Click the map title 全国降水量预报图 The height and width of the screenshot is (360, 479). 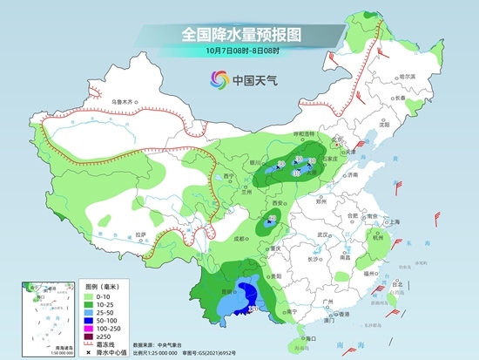(x=240, y=35)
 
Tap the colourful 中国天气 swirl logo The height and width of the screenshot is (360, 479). (x=214, y=80)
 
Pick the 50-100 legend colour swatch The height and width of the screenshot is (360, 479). (x=88, y=319)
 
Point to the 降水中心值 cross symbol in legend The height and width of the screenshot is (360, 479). (x=87, y=351)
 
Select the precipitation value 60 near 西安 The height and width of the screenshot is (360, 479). (x=272, y=218)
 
